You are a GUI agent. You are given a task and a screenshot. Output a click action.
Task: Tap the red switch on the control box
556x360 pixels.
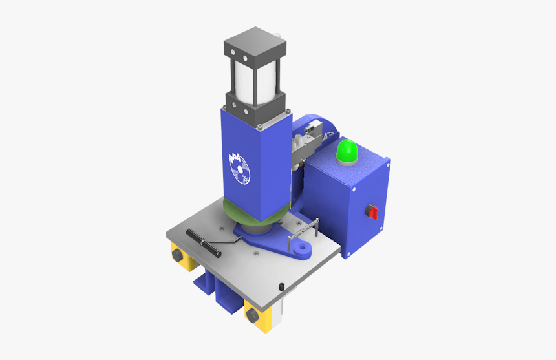[372, 211]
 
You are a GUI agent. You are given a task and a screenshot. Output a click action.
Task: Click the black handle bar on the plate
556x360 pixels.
[202, 238]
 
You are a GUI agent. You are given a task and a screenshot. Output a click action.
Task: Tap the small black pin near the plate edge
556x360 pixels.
[282, 286]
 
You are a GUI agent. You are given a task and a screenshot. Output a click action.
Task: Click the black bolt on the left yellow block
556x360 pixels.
[176, 257]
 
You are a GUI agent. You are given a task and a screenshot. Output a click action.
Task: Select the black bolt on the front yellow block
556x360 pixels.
[251, 315]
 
